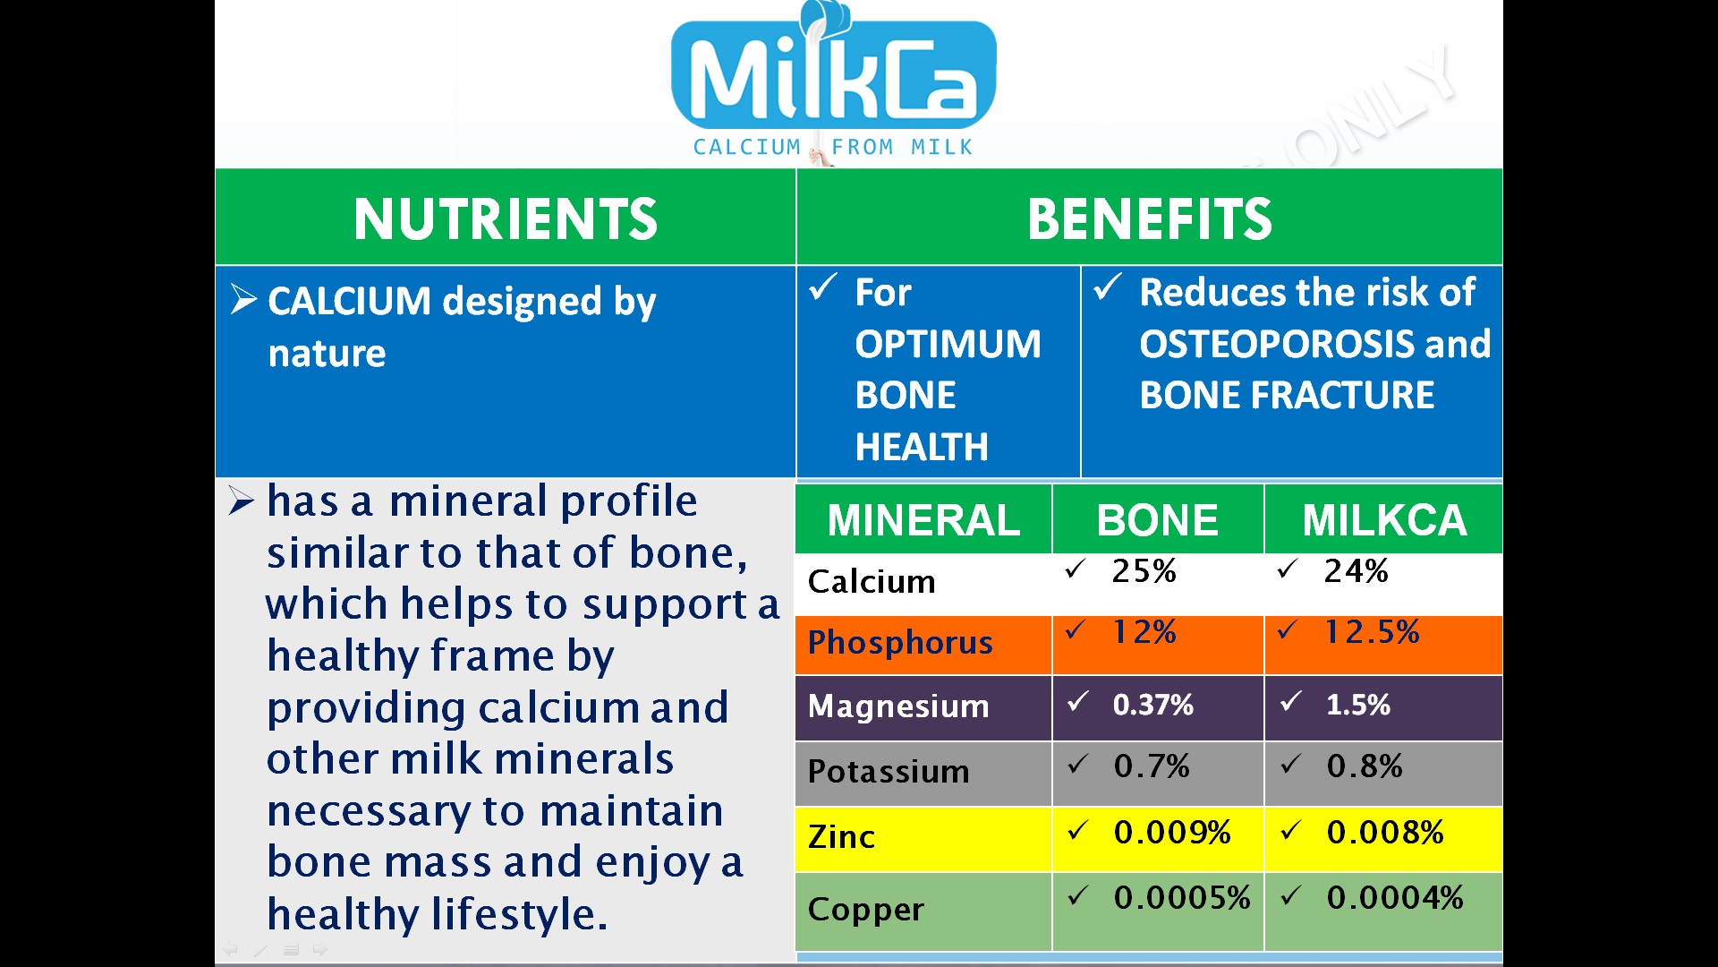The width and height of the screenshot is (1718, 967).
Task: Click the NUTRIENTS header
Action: [506, 219]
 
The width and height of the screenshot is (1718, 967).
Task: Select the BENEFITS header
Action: [1149, 219]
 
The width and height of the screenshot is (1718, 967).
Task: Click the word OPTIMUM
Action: [948, 345]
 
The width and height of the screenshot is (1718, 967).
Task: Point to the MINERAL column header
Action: [923, 520]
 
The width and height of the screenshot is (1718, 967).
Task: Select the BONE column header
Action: [1157, 520]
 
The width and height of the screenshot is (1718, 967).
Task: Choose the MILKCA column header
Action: [1384, 520]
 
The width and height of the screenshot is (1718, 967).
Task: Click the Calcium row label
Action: [872, 582]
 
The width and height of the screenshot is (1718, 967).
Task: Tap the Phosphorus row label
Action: [900, 643]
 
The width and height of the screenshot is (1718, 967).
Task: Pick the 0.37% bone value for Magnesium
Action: [1152, 706]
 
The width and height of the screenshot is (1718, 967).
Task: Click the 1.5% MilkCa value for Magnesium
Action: [1357, 706]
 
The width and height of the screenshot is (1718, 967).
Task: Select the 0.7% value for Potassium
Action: [1152, 767]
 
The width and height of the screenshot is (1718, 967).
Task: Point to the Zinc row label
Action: [841, 837]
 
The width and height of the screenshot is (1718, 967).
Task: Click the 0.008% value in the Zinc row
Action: [1384, 833]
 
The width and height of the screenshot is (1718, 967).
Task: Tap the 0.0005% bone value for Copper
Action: [1181, 898]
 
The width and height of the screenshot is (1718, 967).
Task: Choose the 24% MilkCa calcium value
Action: [1356, 571]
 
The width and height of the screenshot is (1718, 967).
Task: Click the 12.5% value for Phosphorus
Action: [1372, 633]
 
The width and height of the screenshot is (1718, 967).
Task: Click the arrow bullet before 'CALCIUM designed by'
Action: [243, 300]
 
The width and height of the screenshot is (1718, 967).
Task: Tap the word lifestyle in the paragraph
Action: [519, 915]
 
